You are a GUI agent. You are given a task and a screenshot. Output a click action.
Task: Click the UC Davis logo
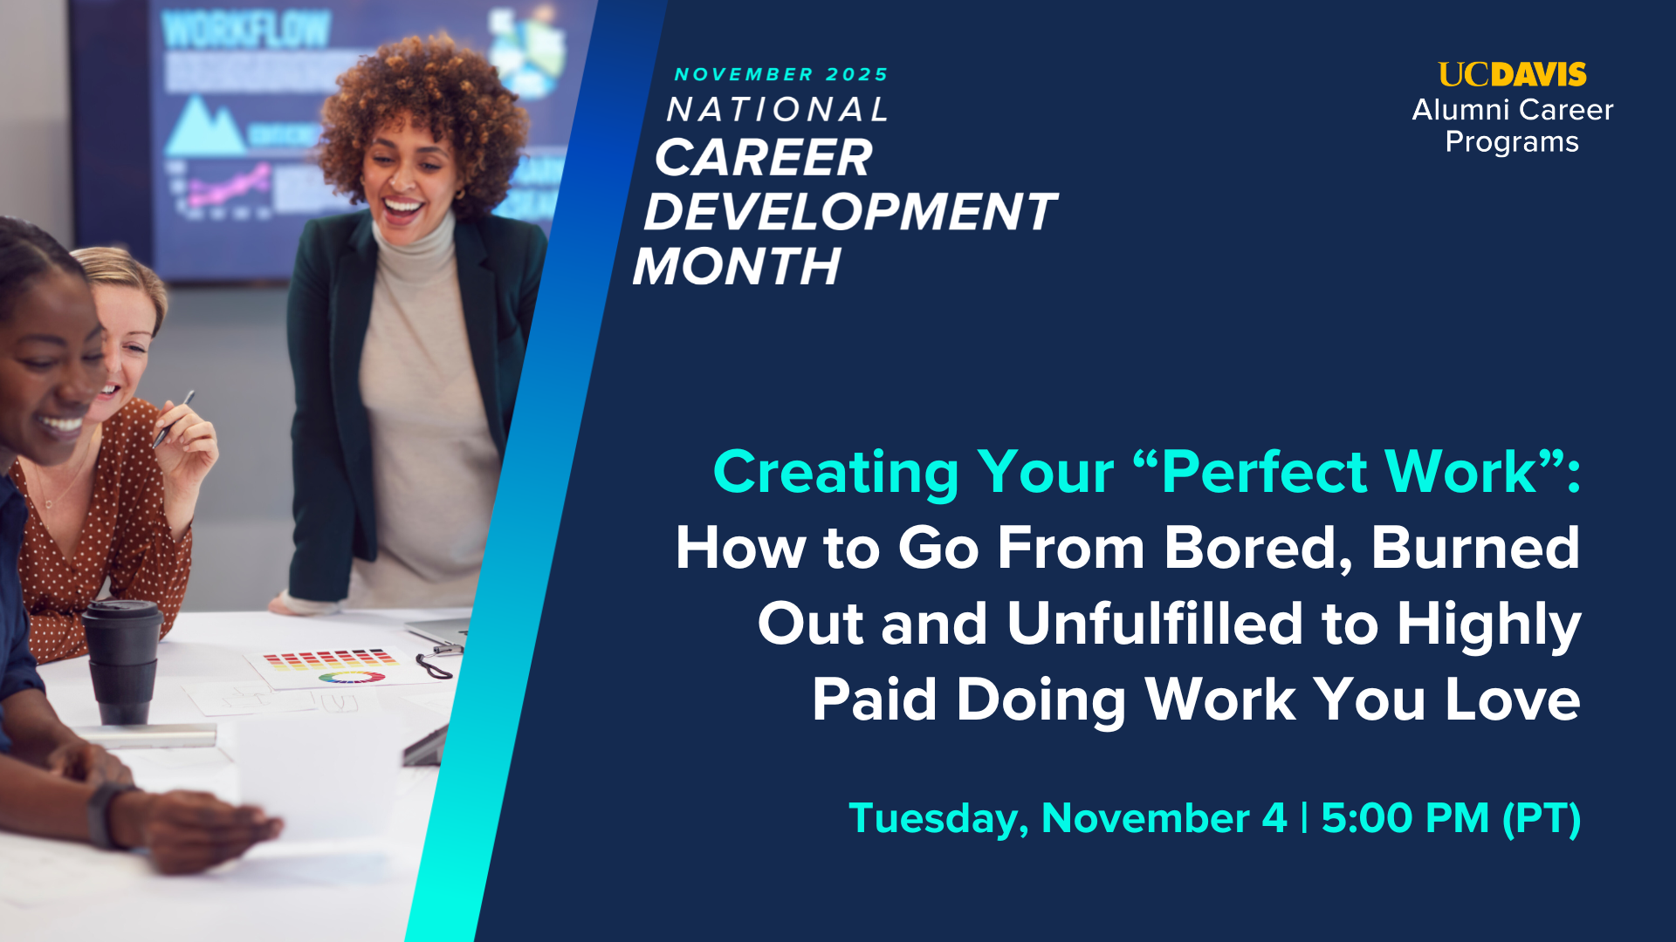[1512, 75]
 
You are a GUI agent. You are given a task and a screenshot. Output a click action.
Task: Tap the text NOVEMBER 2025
[781, 75]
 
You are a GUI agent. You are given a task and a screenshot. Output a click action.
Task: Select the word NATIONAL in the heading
[777, 110]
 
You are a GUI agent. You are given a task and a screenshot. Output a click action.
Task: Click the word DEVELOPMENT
[849, 212]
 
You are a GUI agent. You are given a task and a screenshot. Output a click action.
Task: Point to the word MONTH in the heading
[737, 266]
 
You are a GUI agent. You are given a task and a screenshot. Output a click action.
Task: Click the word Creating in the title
[835, 472]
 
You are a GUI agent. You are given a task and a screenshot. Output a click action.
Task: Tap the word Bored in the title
[1257, 548]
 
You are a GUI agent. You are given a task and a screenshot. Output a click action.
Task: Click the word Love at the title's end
[1512, 700]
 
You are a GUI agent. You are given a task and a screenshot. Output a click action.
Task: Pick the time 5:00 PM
[1405, 818]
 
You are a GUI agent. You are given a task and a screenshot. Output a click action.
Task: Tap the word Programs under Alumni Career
[1512, 142]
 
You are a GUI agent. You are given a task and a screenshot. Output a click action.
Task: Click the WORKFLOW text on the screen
[245, 31]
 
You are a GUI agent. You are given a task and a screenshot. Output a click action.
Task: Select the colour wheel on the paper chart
[351, 677]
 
